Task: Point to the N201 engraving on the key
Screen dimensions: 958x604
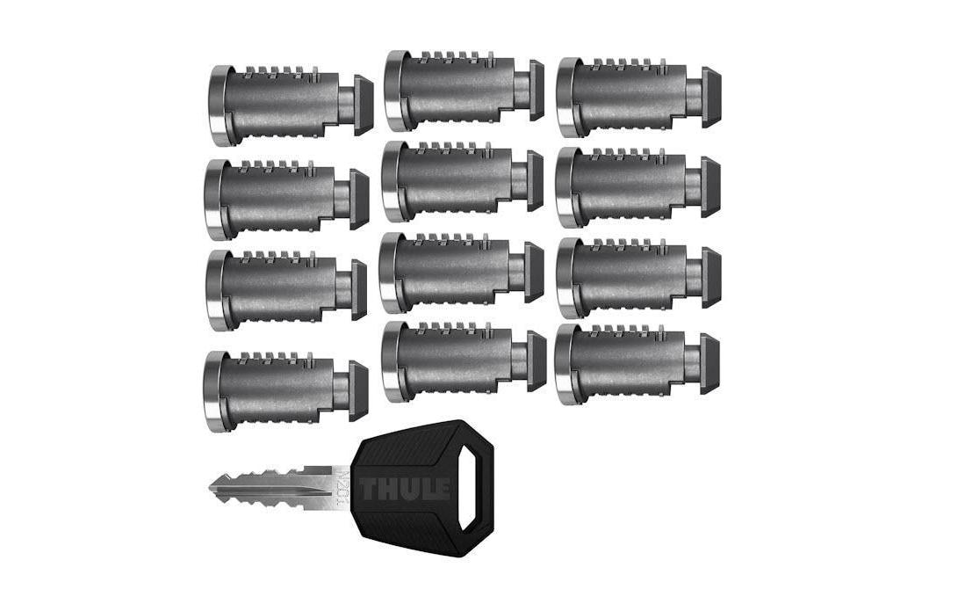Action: click(342, 486)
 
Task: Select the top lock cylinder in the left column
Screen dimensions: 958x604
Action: click(291, 105)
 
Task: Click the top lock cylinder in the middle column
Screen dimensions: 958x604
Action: click(465, 91)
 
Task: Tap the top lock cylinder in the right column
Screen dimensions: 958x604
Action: click(638, 97)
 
